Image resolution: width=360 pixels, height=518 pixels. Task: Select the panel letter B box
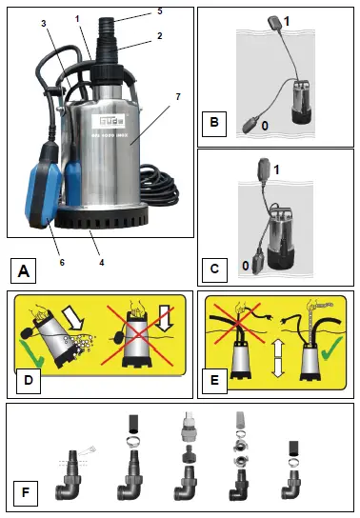click(217, 122)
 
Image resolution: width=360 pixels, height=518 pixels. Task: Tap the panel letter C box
click(217, 269)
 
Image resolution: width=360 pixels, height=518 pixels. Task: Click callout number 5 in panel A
click(160, 10)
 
